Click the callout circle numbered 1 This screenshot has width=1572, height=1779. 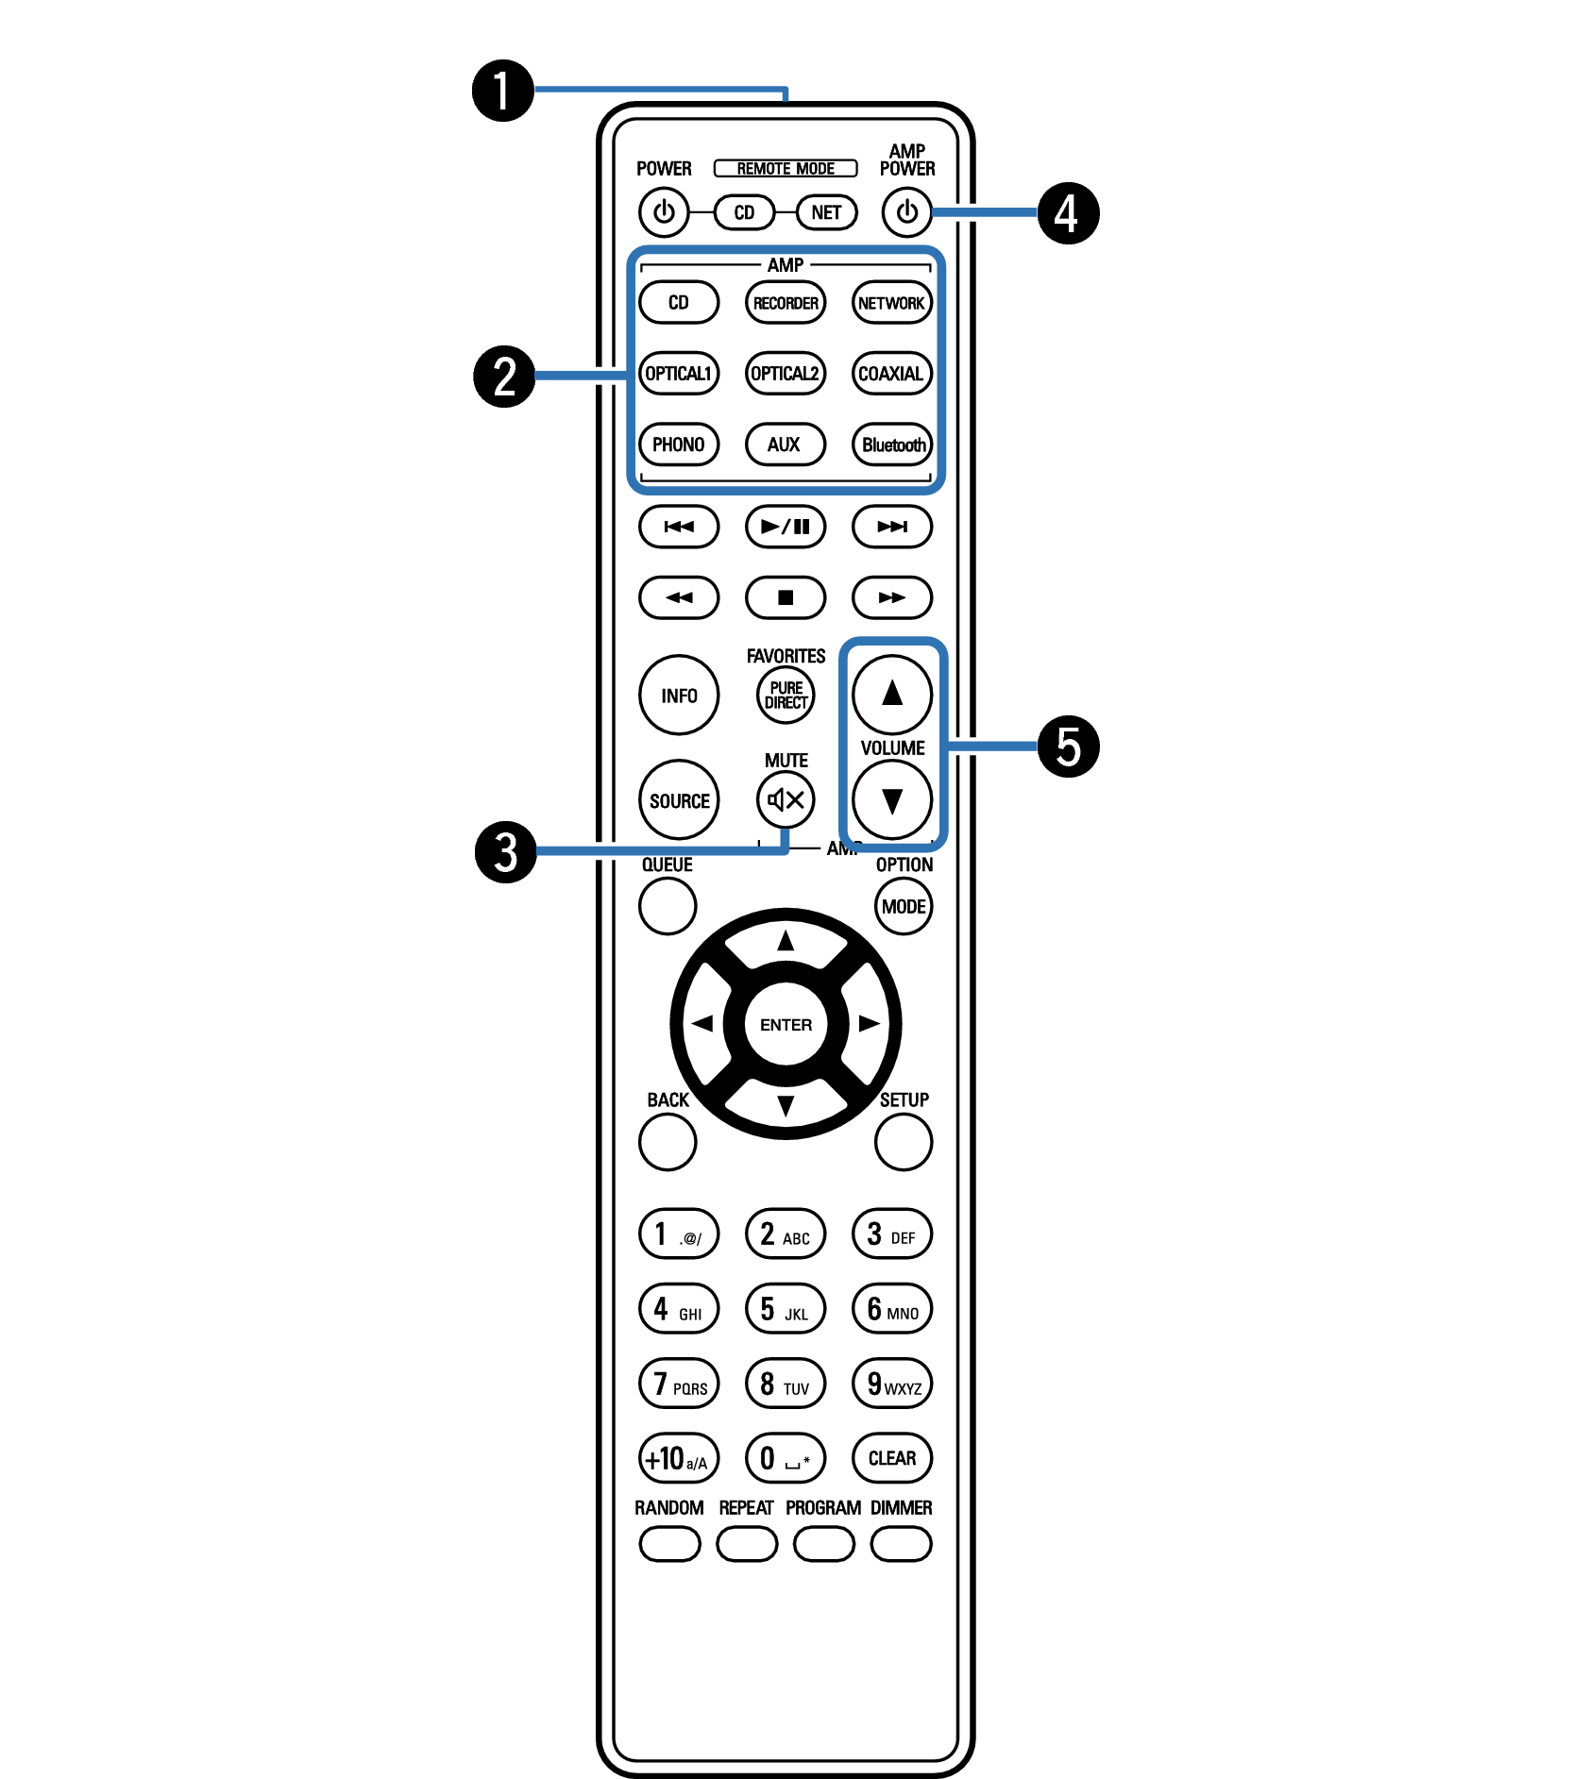pyautogui.click(x=502, y=91)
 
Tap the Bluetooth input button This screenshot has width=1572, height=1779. pyautogui.click(x=892, y=445)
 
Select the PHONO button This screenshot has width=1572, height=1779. pyautogui.click(x=679, y=445)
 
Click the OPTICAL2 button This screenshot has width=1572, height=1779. pyautogui.click(x=786, y=374)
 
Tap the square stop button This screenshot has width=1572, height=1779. pyautogui.click(x=786, y=597)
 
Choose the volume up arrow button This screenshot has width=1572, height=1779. pyautogui.click(x=892, y=695)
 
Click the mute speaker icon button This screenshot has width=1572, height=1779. pyautogui.click(x=786, y=800)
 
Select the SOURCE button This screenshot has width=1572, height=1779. pyautogui.click(x=679, y=800)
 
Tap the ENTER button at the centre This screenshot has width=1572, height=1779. pyautogui.click(x=786, y=1024)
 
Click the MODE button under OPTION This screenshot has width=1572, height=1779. pyautogui.click(x=904, y=906)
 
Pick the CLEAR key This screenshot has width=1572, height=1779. pyautogui.click(x=892, y=1458)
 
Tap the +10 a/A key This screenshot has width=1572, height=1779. pyautogui.click(x=679, y=1458)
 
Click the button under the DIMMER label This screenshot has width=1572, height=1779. pyautogui.click(x=902, y=1544)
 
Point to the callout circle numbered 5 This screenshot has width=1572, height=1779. pyautogui.click(x=1069, y=747)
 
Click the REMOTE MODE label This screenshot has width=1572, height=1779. pyautogui.click(x=786, y=168)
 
